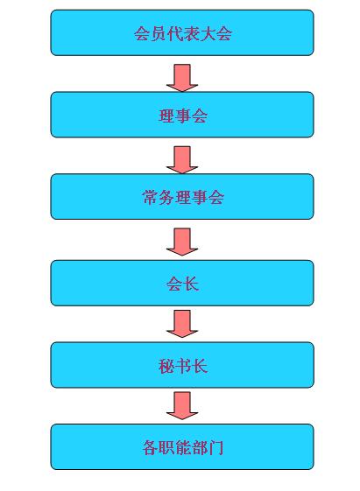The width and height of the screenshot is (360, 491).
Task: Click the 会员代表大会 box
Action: pos(182,32)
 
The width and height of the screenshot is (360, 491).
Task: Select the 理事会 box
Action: pos(182,115)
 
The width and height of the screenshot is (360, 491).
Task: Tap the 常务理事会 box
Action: pos(182,197)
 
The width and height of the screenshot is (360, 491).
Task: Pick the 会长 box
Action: pos(182,283)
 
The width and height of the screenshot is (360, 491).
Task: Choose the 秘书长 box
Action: pos(182,365)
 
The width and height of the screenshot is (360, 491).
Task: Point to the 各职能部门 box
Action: pos(182,447)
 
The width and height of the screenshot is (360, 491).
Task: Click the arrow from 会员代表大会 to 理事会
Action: pos(182,78)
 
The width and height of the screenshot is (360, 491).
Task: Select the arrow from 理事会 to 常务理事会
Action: pos(182,160)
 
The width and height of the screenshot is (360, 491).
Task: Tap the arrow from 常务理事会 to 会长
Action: pos(182,242)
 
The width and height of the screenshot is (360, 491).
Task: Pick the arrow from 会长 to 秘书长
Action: pos(182,324)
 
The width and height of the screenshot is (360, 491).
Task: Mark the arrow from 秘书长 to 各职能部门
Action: pos(182,406)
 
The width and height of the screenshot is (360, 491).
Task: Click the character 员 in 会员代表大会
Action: pos(159,33)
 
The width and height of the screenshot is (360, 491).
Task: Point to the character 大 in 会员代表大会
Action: pos(208,33)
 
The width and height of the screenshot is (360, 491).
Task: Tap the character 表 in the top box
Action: pos(191,33)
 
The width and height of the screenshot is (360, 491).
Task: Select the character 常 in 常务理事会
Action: pos(150,197)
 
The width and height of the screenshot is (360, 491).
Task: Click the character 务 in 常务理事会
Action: pos(166,197)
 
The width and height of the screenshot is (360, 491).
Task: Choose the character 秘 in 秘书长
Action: pos(166,366)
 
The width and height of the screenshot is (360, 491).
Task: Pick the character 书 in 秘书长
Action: pos(183,366)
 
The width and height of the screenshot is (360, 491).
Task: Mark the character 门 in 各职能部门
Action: pos(215,448)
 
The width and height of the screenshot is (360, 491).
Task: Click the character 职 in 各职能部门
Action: pos(166,448)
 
